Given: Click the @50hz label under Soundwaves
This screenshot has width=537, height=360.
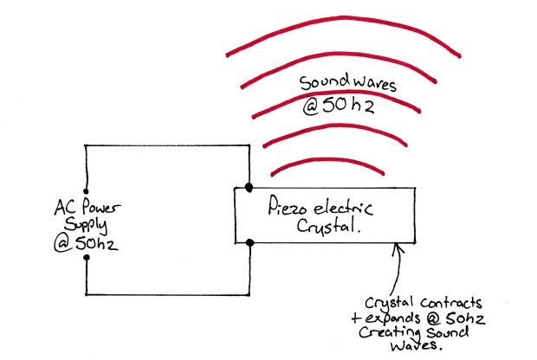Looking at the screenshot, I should pos(340,110).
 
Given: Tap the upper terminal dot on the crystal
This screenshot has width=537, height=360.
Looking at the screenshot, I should pos(249,187).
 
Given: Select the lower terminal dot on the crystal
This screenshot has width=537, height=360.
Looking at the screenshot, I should pos(249,243).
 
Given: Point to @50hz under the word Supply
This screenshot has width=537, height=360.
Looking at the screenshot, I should pos(88,243).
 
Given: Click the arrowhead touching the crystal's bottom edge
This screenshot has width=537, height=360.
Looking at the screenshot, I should pos(398,248).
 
